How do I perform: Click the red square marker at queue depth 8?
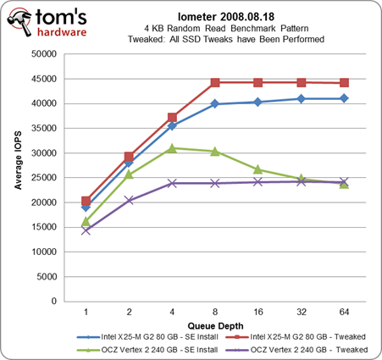coord(215,83)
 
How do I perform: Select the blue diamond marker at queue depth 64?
coord(344,98)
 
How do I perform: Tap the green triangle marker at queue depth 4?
coord(172,148)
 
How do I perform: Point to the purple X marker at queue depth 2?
coord(129,201)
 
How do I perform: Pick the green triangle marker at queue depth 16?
coord(258,169)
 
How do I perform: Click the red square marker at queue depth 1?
coord(86,201)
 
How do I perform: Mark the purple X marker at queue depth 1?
coord(86,230)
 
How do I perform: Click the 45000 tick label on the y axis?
coord(44,79)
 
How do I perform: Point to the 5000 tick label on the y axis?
coord(47,277)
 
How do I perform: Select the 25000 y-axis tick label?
coord(44,178)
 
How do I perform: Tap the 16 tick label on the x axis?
coord(258,312)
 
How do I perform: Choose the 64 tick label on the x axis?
coord(344,312)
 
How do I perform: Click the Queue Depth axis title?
coord(215,326)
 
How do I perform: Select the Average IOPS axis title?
coord(18,160)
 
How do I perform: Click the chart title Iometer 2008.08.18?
coord(226,17)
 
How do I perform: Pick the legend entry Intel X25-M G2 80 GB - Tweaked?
coord(296,337)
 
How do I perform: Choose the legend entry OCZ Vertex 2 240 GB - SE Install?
coord(147,350)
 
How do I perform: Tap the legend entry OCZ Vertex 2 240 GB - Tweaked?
coord(296,350)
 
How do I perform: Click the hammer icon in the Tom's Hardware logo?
coord(19,22)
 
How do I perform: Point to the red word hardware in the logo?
coord(62,32)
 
